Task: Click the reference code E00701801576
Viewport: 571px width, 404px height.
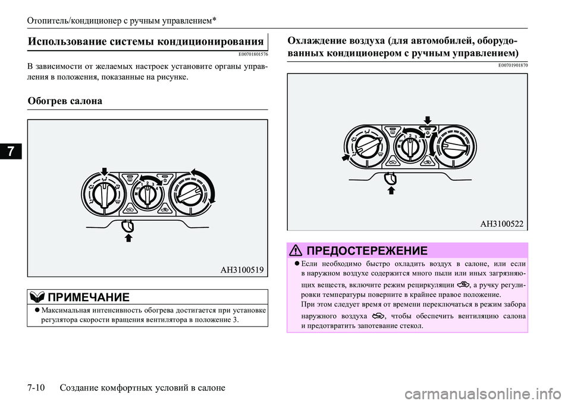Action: tap(247, 54)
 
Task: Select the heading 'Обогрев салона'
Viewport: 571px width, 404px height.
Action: tap(65, 101)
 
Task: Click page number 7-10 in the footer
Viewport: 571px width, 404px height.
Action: tap(38, 387)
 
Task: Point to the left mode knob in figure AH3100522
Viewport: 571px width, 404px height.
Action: tap(366, 146)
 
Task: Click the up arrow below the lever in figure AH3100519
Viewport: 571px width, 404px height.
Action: tap(127, 239)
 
